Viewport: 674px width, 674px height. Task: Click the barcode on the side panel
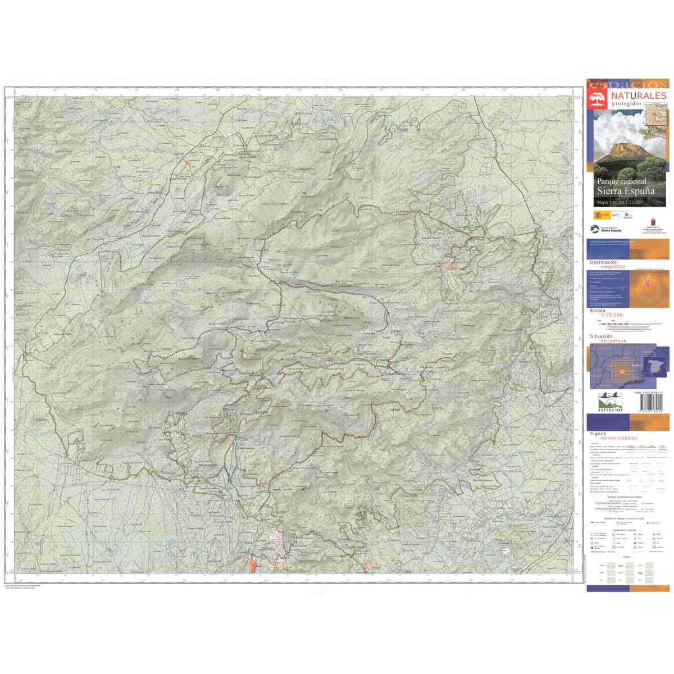tap(654, 403)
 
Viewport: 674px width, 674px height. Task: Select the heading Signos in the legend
tap(599, 434)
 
